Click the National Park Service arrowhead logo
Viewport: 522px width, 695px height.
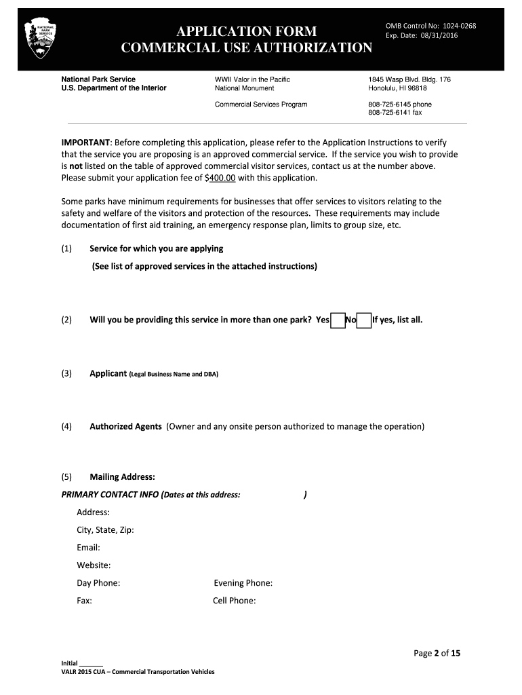40,39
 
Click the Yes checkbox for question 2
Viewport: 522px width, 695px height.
338,320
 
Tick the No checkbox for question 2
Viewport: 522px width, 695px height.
364,320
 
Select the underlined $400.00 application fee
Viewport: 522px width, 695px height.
220,178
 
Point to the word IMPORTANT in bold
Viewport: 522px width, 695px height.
85,143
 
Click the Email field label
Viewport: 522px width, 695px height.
88,547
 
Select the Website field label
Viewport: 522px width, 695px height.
94,565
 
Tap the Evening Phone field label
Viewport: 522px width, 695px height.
243,582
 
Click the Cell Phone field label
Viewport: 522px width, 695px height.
234,600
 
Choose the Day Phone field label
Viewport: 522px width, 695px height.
98,582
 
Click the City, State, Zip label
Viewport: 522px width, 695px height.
105,529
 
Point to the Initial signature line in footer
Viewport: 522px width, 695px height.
91,663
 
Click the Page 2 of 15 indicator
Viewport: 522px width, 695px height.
437,654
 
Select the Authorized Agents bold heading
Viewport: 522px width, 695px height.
125,426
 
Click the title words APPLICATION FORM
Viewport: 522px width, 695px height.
246,31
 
